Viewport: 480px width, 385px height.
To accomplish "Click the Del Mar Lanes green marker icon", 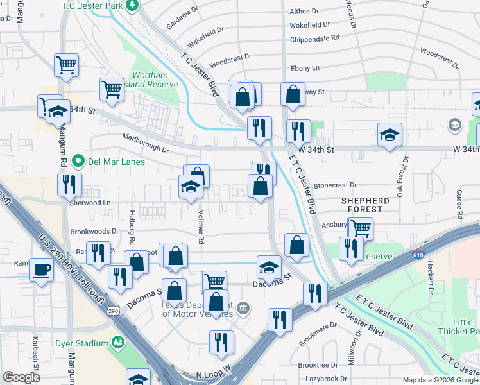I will [78, 160].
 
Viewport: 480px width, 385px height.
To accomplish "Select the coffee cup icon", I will [42, 270].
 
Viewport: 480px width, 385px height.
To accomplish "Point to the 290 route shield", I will [113, 311].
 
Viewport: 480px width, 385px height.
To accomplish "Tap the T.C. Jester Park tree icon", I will [133, 5].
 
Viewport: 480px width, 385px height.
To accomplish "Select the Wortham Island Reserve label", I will [154, 80].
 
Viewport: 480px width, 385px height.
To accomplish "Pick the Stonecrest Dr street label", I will [338, 185].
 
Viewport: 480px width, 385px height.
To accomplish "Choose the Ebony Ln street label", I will [305, 68].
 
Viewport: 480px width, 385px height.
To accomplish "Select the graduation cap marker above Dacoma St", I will [270, 267].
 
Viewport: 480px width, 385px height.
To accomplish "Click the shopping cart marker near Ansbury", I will [361, 227].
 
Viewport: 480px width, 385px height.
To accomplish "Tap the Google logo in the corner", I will [22, 377].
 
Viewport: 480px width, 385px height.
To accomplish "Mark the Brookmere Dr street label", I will [316, 332].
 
